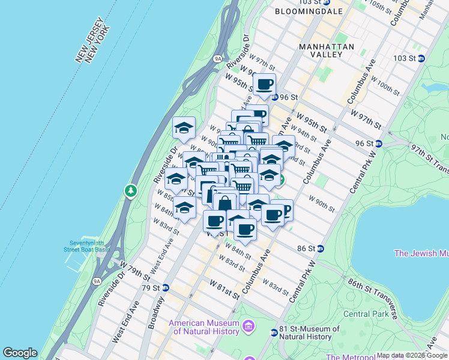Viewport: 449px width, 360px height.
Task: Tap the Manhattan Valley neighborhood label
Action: point(328,50)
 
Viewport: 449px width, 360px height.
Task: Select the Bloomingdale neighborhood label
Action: point(309,11)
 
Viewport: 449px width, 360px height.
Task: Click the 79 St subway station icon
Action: point(166,288)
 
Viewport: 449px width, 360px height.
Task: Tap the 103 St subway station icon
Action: point(421,58)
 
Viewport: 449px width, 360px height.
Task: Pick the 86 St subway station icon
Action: point(321,248)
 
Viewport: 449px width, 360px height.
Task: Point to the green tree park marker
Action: point(130,191)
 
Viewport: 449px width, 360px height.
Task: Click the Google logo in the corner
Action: point(20,353)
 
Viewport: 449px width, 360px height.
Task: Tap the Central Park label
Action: point(366,314)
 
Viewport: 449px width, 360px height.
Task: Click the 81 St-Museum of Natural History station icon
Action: point(274,332)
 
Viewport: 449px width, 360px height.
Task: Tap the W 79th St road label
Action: point(134,269)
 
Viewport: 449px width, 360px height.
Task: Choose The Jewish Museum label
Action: point(421,253)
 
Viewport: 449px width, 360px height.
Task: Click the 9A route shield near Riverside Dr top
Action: point(218,59)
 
